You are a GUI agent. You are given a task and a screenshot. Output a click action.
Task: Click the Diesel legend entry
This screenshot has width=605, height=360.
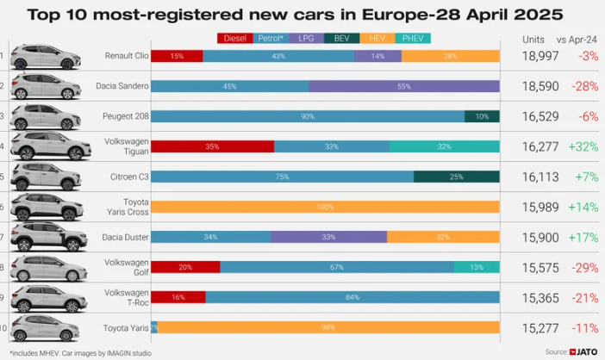tap(234, 38)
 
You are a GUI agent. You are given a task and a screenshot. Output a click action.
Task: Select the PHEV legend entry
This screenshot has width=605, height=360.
tap(414, 38)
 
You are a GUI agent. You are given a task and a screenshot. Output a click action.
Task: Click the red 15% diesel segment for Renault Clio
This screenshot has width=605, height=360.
tap(177, 56)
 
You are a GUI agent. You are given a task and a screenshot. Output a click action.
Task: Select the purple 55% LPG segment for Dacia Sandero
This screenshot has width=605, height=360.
tap(404, 86)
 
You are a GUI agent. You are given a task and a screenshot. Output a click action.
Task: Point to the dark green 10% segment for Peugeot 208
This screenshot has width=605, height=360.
tap(482, 116)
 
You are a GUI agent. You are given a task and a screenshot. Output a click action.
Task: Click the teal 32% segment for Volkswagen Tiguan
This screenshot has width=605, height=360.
tap(444, 146)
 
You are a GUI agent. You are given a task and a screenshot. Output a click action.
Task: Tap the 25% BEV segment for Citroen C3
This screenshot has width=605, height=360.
tap(456, 177)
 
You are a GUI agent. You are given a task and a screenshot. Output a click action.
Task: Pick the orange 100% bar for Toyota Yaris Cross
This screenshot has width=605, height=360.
tap(325, 207)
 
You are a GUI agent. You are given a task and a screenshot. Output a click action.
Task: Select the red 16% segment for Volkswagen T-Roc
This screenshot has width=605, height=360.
tap(178, 297)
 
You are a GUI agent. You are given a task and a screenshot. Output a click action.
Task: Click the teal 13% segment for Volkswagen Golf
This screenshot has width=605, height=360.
tap(477, 267)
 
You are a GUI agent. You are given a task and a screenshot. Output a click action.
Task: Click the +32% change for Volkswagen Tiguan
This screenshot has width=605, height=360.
tap(583, 146)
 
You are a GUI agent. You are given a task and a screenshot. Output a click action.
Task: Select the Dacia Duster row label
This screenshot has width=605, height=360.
tap(126, 237)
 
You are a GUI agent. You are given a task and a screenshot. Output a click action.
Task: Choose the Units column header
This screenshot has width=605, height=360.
tap(533, 39)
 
